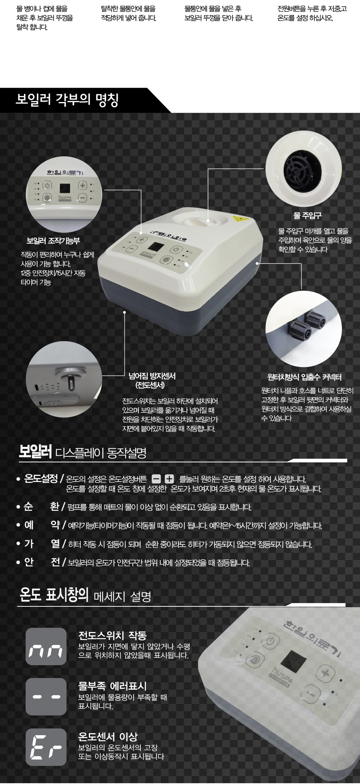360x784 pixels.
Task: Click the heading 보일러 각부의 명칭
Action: [67, 100]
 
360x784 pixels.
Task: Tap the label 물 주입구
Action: [307, 216]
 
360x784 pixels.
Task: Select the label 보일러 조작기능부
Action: [53, 241]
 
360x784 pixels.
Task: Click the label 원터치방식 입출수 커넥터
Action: [304, 377]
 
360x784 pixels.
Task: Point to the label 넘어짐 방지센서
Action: [152, 376]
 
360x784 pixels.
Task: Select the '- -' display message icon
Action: [46, 696]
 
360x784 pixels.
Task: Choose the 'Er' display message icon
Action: [46, 747]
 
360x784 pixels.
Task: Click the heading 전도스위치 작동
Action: [112, 635]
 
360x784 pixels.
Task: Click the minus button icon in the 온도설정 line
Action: [156, 479]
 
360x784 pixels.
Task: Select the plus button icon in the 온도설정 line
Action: [169, 479]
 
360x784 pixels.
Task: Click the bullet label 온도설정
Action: [41, 478]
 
